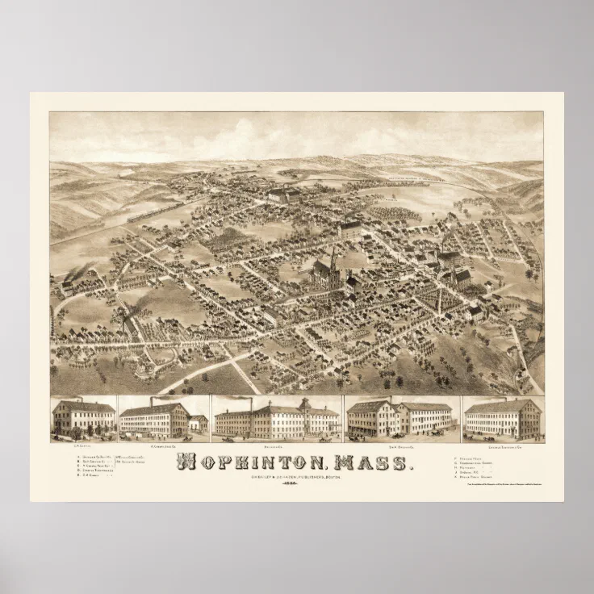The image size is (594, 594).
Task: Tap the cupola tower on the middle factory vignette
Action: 304,403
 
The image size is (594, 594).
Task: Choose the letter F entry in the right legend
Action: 483,457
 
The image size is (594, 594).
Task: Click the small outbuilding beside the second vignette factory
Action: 199,423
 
